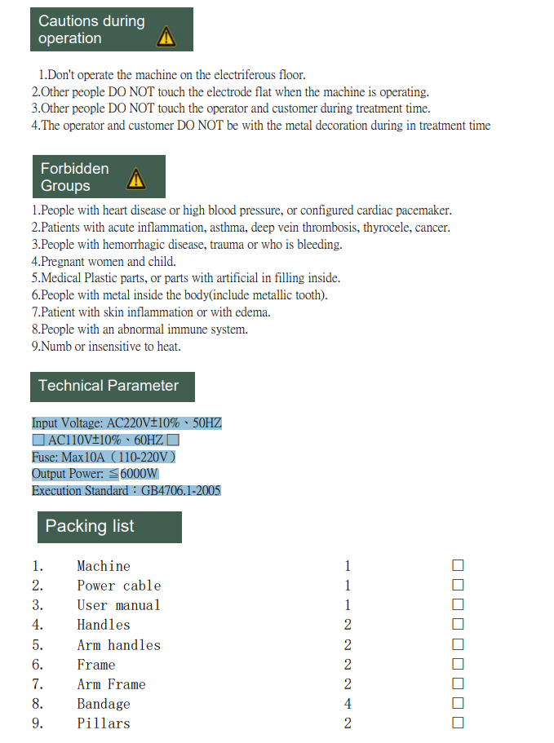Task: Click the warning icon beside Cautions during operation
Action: (166, 36)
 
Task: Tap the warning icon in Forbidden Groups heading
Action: (136, 179)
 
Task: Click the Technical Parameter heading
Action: (109, 386)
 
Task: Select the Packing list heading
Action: (90, 526)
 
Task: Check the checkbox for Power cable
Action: (458, 585)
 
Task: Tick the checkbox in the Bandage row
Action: (458, 703)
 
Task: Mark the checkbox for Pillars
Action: (458, 723)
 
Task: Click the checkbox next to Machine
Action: (458, 565)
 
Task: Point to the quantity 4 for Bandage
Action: (348, 704)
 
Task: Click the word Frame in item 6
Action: (96, 665)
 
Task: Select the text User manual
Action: (118, 605)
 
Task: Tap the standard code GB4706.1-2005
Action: (180, 491)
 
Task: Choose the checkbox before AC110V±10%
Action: (38, 440)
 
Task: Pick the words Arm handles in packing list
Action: (118, 645)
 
